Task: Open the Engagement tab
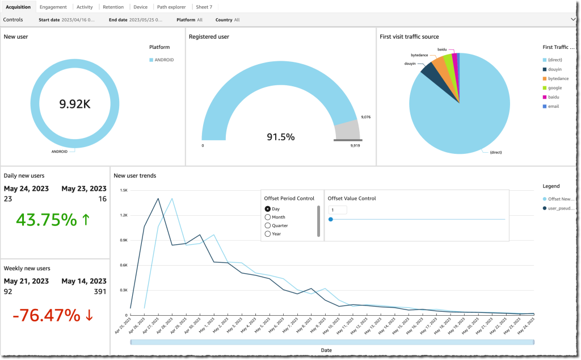point(53,7)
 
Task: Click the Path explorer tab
point(171,7)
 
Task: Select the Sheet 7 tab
point(204,7)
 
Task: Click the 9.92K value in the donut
point(75,103)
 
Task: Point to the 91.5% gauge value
point(281,137)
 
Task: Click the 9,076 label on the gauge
point(366,118)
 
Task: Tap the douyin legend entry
point(555,69)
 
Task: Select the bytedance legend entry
point(558,78)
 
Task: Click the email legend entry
point(554,106)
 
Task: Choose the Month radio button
point(268,217)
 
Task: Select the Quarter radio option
point(268,225)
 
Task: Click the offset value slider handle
point(330,219)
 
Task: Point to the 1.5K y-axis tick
point(124,190)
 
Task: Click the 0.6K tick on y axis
point(124,265)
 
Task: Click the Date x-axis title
point(326,350)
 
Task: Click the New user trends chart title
point(135,175)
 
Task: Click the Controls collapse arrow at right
point(574,19)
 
